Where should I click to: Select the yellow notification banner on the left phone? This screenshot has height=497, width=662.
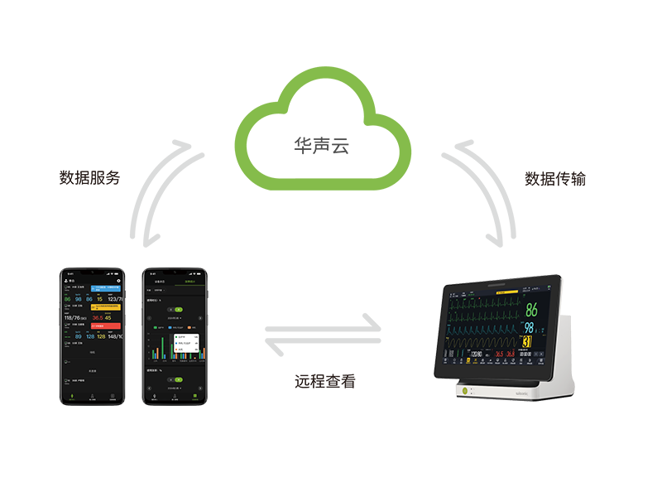pos(107,306)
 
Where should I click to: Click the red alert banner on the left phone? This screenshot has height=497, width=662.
pos(107,326)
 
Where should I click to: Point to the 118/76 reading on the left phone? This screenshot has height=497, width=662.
pos(76,317)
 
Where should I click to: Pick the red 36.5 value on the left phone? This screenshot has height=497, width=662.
pos(98,317)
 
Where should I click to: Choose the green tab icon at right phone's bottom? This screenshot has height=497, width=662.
pos(195,398)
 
